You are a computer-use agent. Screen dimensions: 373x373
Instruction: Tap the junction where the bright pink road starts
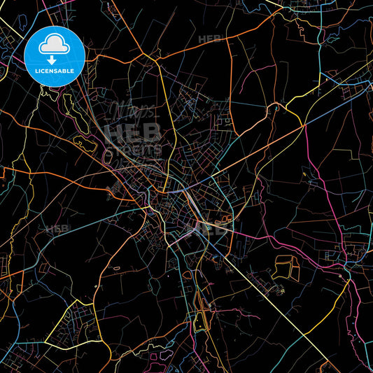tap(302, 127)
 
